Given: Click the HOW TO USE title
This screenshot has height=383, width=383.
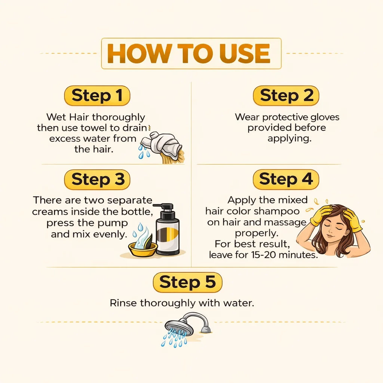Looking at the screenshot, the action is (189, 53).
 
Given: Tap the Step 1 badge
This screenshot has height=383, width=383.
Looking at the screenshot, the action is (97, 95).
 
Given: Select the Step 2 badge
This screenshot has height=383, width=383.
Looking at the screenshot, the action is (286, 95).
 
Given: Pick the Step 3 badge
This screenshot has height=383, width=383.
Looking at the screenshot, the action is (97, 180).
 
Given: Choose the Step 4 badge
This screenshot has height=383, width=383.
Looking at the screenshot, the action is (286, 179).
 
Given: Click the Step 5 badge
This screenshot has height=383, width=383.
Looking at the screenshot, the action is (188, 282).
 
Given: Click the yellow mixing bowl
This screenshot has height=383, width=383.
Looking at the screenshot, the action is (143, 249).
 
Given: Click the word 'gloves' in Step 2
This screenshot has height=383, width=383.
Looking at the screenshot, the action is (325, 117).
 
